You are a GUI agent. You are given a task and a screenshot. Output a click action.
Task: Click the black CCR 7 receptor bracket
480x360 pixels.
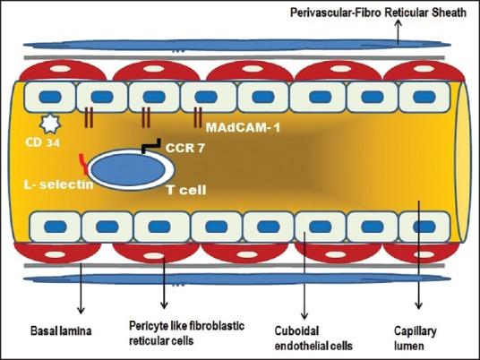pos(151,143)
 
